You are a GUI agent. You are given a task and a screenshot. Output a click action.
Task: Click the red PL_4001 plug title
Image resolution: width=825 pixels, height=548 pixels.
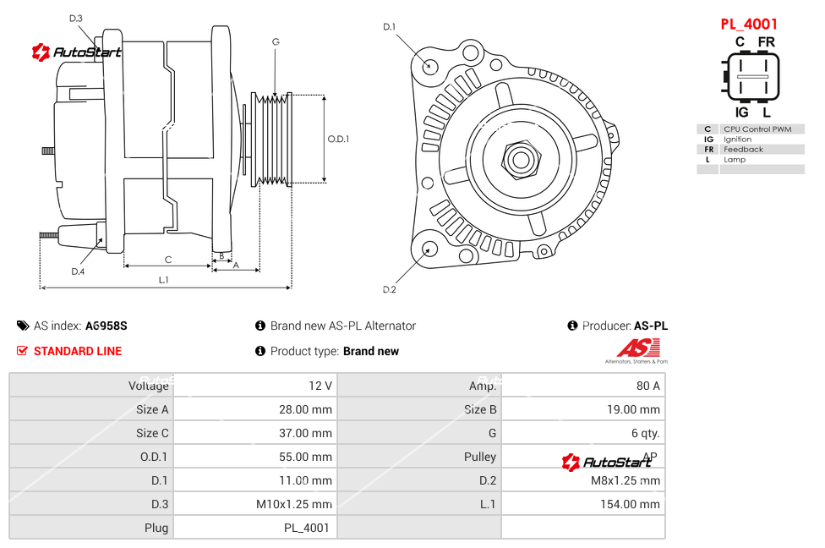(x=749, y=25)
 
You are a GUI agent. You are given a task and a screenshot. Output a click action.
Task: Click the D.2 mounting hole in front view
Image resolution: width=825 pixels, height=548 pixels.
(x=429, y=249)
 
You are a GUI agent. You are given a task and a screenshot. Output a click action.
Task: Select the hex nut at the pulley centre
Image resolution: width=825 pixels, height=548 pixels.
(x=520, y=158)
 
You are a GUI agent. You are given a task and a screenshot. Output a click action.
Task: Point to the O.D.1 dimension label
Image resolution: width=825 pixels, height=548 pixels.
(x=338, y=139)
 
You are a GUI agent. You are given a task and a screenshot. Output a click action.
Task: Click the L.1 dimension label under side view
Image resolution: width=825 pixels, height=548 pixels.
(x=164, y=279)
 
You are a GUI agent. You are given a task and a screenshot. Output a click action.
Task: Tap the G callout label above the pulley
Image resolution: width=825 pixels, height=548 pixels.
(x=276, y=41)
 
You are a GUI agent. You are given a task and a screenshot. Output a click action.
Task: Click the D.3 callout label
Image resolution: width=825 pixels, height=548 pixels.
(x=76, y=18)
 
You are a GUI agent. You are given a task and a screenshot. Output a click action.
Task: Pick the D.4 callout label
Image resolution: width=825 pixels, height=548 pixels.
(x=78, y=271)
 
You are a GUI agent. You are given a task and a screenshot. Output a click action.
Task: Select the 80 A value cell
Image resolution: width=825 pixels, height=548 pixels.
(x=648, y=386)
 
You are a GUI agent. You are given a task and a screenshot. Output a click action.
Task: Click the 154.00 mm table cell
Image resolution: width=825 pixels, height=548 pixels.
(x=626, y=504)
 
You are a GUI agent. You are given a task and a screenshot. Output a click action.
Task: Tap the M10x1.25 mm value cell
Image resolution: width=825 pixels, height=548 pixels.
(x=294, y=504)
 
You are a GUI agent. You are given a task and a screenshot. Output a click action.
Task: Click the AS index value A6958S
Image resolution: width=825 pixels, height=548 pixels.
(x=107, y=326)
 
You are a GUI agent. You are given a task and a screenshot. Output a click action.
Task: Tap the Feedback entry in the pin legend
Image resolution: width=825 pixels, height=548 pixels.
(x=743, y=150)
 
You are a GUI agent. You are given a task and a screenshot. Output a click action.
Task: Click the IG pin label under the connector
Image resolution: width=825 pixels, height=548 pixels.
(x=741, y=112)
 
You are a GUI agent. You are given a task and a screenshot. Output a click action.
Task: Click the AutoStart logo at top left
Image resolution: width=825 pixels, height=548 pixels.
(x=77, y=52)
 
